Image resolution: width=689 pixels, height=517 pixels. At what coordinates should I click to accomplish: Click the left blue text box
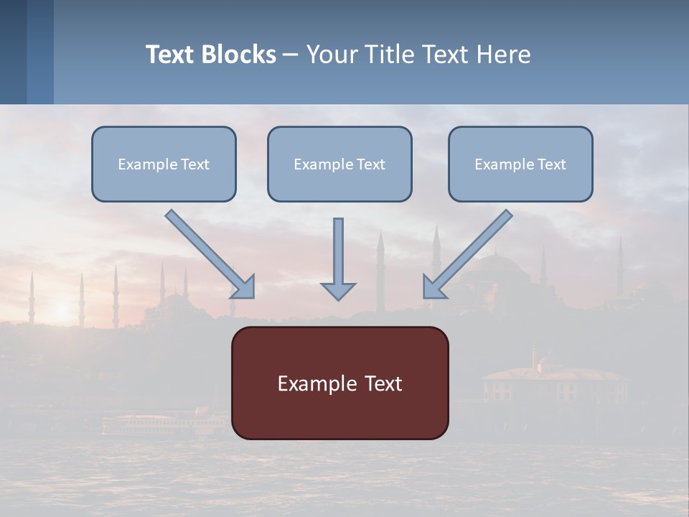pyautogui.click(x=164, y=164)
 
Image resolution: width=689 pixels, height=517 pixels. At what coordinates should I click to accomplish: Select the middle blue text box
pyautogui.click(x=339, y=164)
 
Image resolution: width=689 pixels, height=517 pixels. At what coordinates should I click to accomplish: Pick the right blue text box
pyautogui.click(x=520, y=164)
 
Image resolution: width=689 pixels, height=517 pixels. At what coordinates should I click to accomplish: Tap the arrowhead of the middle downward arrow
pyautogui.click(x=338, y=291)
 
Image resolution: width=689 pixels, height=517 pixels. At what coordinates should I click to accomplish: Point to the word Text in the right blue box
pyautogui.click(x=551, y=164)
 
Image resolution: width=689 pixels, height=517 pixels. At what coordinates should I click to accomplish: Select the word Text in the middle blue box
pyautogui.click(x=370, y=164)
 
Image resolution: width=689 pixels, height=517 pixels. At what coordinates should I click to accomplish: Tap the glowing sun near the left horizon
pyautogui.click(x=60, y=309)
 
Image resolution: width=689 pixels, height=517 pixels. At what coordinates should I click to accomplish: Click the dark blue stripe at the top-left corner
pyautogui.click(x=13, y=52)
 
